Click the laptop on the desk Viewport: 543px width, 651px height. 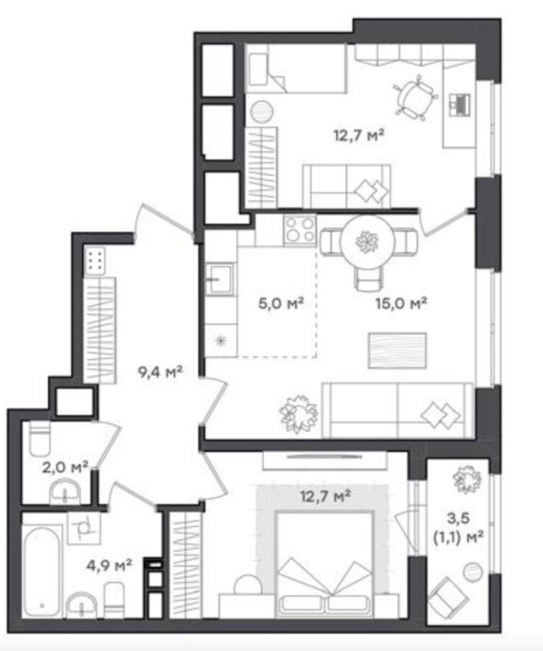[x=459, y=104]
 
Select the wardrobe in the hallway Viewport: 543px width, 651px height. [x=99, y=329]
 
